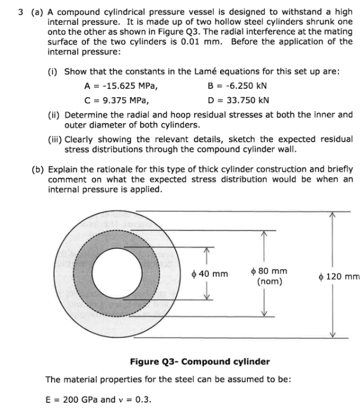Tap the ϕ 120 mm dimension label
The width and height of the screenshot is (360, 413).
(339, 276)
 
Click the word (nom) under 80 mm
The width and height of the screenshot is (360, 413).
(270, 281)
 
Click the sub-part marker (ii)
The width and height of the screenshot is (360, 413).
(54, 114)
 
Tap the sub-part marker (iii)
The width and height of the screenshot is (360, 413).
(55, 139)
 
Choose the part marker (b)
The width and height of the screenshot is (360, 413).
(37, 168)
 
